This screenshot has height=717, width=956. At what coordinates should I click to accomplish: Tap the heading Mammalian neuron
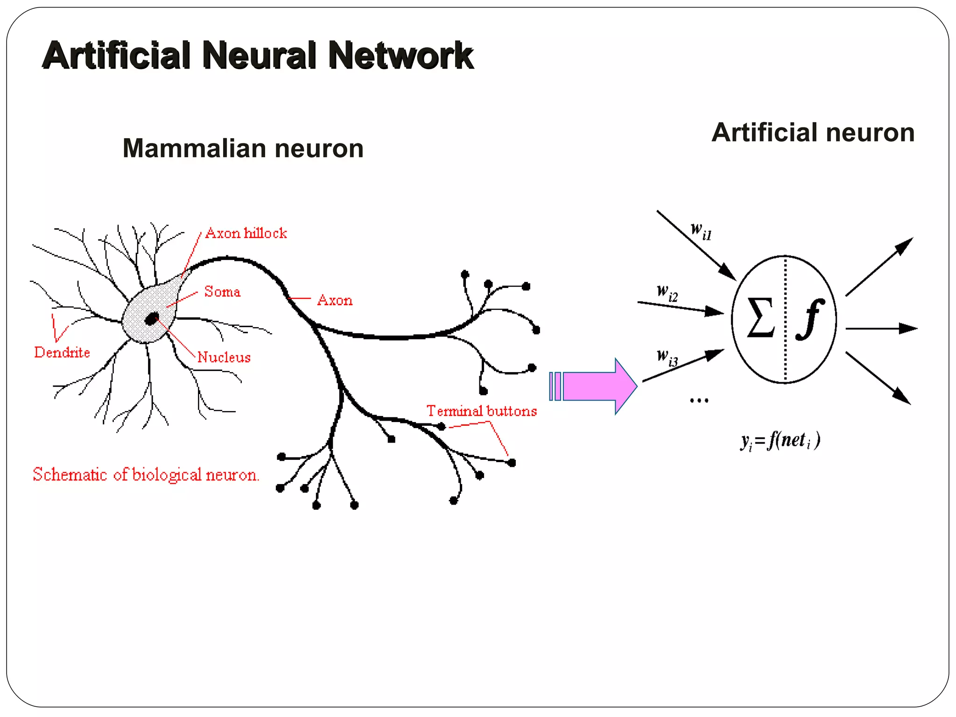(243, 148)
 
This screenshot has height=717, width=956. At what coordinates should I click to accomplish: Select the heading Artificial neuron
(813, 133)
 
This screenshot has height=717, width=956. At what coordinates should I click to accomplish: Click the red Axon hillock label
(246, 233)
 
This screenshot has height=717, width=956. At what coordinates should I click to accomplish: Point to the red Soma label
(222, 292)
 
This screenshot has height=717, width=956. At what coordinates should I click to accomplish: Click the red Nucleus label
(224, 358)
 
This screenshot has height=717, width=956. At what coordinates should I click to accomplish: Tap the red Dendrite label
(62, 352)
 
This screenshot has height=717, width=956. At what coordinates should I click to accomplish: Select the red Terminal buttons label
(481, 411)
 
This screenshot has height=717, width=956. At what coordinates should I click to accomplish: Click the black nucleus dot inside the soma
(152, 319)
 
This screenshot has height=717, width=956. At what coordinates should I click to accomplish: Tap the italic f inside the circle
(810, 319)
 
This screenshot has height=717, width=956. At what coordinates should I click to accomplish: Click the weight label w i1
(701, 231)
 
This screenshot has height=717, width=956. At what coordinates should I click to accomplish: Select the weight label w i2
(667, 293)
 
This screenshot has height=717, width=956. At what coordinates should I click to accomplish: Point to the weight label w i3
(667, 358)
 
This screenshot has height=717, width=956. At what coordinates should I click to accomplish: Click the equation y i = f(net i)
(780, 441)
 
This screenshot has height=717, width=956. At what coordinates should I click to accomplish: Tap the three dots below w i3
(699, 401)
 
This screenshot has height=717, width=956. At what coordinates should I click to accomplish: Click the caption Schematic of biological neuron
(146, 475)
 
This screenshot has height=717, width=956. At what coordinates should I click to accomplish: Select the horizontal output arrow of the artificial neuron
(880, 329)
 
